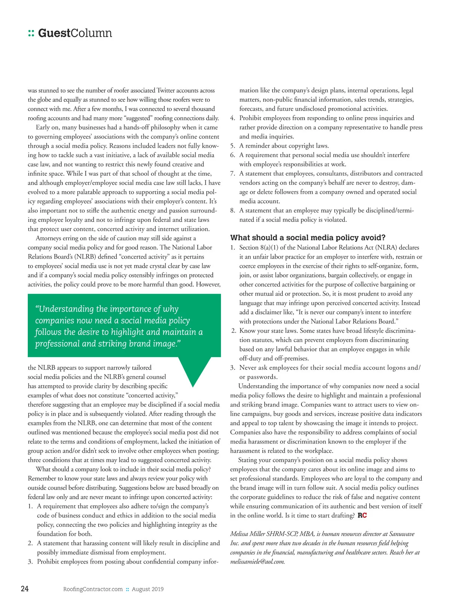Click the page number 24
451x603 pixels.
click(24, 588)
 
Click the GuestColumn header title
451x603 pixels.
click(75, 33)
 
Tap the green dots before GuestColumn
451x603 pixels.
click(31, 33)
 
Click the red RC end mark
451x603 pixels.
click(362, 515)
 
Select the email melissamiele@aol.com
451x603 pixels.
click(257, 562)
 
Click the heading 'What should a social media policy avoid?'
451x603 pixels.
click(308, 238)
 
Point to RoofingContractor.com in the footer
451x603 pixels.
click(93, 589)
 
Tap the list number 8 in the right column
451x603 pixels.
click(233, 211)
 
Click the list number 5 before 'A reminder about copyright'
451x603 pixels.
click(233, 146)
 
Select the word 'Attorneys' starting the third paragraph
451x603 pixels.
click(49, 238)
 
